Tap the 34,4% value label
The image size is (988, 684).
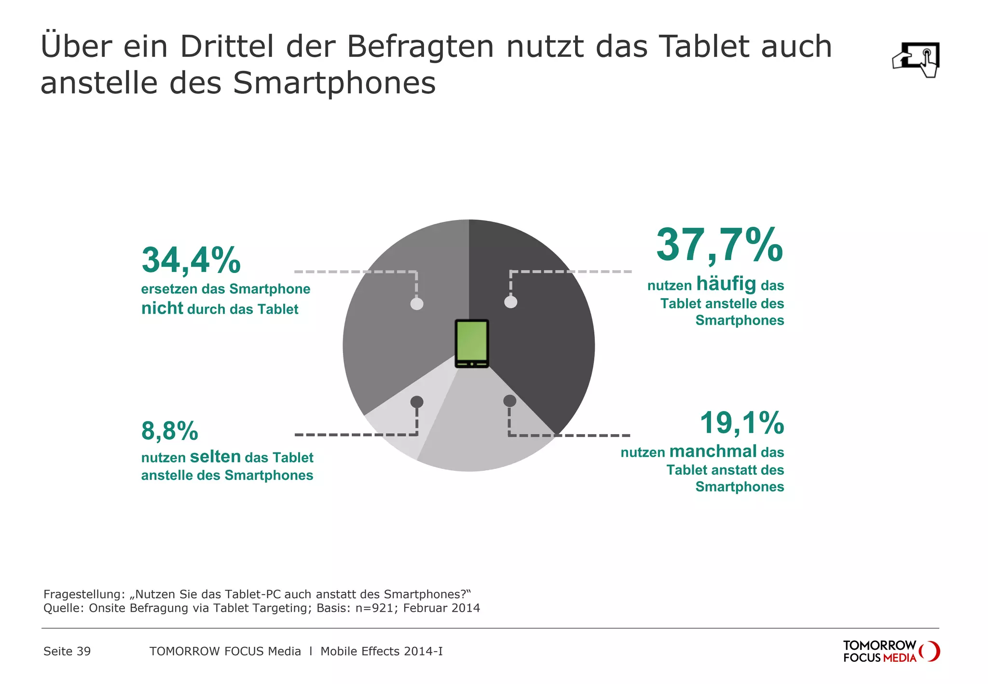tap(191, 260)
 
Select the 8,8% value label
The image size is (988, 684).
tap(170, 431)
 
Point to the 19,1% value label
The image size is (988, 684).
tap(741, 423)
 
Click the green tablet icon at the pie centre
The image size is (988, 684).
tap(472, 343)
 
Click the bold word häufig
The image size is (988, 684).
tap(726, 284)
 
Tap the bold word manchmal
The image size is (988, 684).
tap(713, 451)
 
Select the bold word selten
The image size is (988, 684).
tap(215, 456)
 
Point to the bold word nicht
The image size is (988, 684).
tap(162, 308)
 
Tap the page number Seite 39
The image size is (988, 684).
tap(67, 651)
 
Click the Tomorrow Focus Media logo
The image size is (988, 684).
tap(891, 651)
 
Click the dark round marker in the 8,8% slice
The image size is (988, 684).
tap(417, 402)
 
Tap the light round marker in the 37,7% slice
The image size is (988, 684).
tap(511, 302)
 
